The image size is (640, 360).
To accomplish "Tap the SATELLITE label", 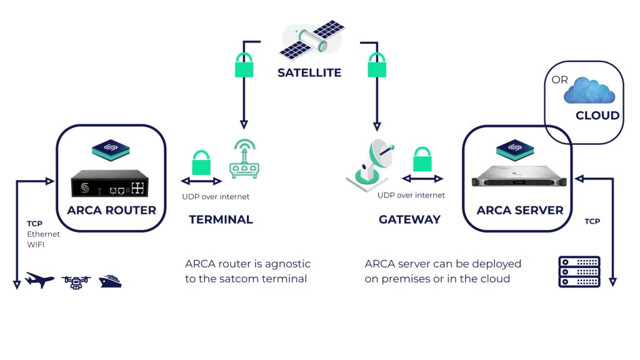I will click(309, 73).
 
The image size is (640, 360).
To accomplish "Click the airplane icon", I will click(40, 281).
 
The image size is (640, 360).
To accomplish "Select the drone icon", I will click(76, 281).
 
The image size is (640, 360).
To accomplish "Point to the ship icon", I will click(110, 280).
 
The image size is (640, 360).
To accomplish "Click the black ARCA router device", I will click(110, 186).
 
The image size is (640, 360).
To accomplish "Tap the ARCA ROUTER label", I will click(111, 211).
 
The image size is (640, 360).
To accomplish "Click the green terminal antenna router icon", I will click(244, 161).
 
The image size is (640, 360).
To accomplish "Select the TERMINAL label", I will click(221, 220).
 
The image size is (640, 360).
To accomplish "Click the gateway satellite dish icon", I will click(371, 164).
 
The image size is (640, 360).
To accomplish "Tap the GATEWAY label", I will click(409, 220).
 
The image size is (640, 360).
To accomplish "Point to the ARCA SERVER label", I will click(519, 211).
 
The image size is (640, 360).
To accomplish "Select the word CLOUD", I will click(597, 116).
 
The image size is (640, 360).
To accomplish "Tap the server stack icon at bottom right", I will click(578, 271).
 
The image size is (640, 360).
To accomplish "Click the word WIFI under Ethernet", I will click(36, 245).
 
